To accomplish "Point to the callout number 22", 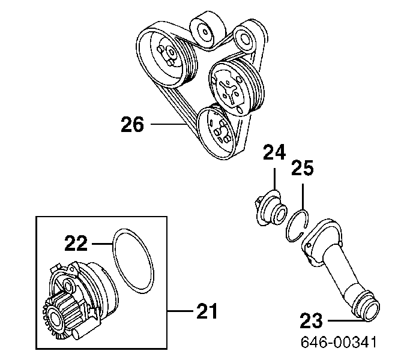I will (x=76, y=243).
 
